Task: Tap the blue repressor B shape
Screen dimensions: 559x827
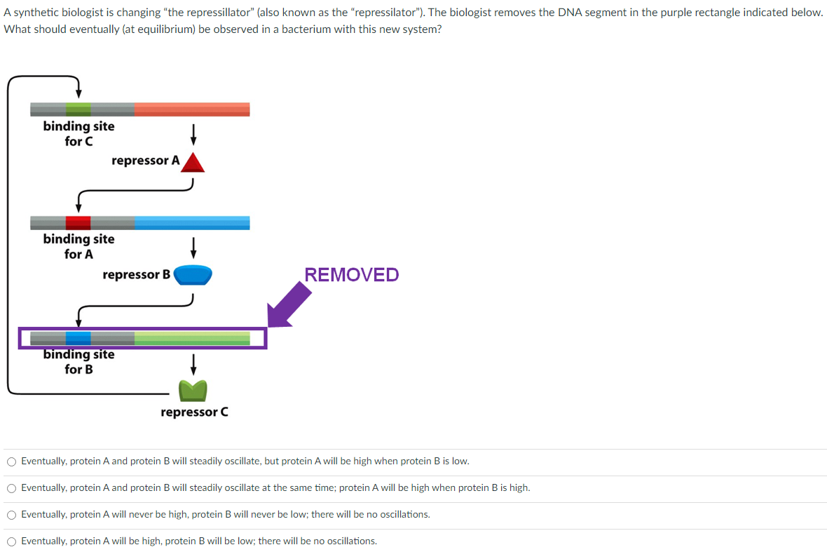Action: [193, 275]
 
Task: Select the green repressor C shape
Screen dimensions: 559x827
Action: [193, 389]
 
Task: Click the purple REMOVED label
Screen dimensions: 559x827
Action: [352, 274]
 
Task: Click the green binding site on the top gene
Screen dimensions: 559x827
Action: [78, 109]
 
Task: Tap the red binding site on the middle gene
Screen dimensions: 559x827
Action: [78, 223]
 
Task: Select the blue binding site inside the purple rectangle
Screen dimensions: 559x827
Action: [78, 338]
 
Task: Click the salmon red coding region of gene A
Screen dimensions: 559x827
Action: [191, 109]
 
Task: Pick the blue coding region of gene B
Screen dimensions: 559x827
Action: [191, 223]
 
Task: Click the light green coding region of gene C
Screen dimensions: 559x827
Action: [191, 338]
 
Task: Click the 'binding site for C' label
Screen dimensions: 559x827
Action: [78, 133]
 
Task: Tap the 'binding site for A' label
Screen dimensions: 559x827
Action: [78, 246]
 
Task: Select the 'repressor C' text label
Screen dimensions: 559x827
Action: [194, 412]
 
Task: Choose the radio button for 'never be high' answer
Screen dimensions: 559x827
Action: [12, 515]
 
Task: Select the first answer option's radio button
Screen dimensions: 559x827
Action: [12, 462]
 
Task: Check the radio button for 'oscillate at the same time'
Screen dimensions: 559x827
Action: [12, 488]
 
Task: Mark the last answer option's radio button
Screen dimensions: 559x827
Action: [12, 541]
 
